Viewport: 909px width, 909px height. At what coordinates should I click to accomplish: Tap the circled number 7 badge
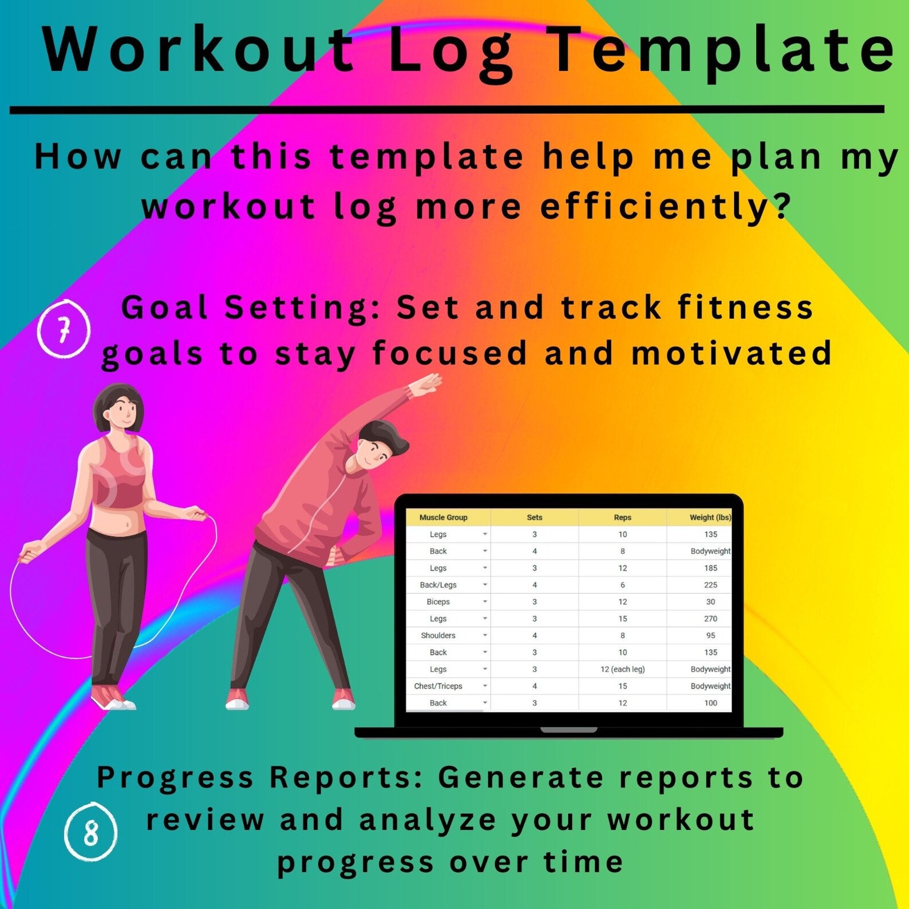point(64,330)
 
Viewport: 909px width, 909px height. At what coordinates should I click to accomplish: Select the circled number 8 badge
point(90,832)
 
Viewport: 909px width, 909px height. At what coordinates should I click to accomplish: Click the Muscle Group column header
point(443,517)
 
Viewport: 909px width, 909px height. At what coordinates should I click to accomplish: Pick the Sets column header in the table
point(534,517)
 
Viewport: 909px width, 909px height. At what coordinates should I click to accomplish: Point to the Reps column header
point(622,517)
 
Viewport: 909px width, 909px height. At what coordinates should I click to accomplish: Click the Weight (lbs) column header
point(710,517)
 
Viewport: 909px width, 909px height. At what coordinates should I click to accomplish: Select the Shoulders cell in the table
point(438,635)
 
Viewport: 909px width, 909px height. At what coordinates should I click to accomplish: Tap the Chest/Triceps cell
point(438,686)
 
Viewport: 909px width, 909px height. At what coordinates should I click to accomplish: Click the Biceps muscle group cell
point(438,602)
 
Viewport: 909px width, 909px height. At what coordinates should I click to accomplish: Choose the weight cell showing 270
point(710,619)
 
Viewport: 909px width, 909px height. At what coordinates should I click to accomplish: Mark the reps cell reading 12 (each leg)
point(622,669)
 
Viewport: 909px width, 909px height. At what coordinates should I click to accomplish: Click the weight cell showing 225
point(710,585)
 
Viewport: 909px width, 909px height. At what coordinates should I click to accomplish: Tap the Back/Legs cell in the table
point(438,585)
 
